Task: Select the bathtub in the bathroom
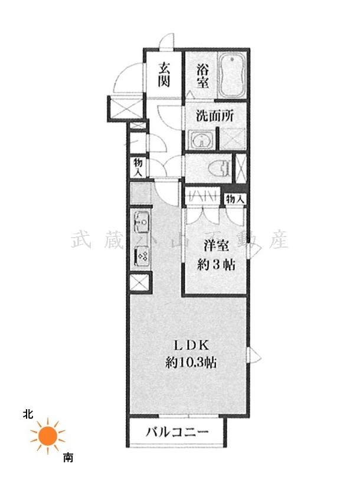point(232,75)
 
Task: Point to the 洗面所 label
point(215,116)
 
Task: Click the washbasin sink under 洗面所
point(201,140)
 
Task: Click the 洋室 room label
point(217,245)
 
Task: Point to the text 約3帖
point(217,265)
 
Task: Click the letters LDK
point(192,346)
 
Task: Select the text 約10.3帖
point(191,363)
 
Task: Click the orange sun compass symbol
point(48,436)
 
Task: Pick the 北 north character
point(28,415)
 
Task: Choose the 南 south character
point(68,458)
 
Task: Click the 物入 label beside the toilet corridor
point(138,167)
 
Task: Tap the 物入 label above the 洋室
point(235,199)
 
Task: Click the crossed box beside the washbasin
point(233,139)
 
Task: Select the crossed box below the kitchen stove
point(139,283)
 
